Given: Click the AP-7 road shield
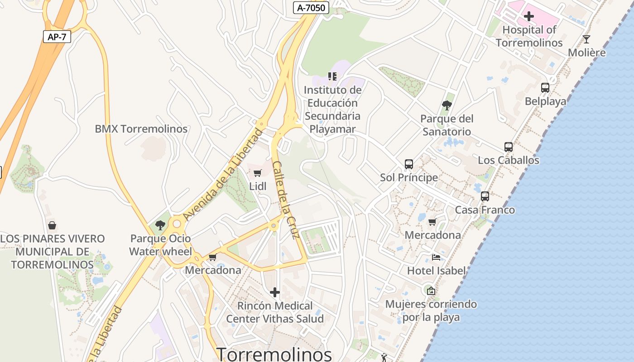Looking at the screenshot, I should [57, 37].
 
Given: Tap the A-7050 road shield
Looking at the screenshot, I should [311, 8].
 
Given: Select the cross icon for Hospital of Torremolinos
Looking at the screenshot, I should [528, 17].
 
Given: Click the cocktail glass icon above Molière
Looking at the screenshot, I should [586, 39].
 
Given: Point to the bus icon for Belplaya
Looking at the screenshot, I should [545, 88].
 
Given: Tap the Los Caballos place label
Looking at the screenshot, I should [509, 160].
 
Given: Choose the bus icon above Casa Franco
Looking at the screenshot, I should [485, 196].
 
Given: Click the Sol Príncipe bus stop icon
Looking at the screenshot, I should [409, 164].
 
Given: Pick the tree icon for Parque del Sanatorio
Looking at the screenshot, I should [447, 105].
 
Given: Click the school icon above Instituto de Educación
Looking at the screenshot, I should [333, 76].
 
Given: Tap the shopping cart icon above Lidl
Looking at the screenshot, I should [258, 173].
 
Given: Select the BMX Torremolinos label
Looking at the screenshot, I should [141, 129].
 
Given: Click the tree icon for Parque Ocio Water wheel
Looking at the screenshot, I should [160, 225].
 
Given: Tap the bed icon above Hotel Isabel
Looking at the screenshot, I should [436, 257].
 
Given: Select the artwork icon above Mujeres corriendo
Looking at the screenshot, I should [431, 291].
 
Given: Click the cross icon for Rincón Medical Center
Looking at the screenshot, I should [275, 292].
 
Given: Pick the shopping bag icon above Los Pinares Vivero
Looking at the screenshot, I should [52, 225].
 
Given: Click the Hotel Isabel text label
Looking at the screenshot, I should [436, 271].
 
